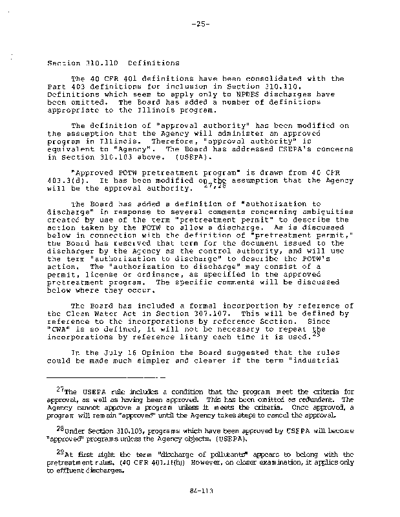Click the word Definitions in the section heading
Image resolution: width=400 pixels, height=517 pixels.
[x=154, y=63]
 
